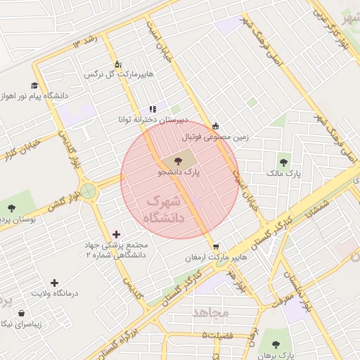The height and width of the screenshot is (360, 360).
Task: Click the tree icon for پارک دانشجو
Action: (177, 161)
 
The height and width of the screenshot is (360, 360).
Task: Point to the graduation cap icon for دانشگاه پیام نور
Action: (34, 84)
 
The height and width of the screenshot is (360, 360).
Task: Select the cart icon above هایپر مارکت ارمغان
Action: (215, 247)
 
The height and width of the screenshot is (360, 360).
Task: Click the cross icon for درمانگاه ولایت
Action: (54, 282)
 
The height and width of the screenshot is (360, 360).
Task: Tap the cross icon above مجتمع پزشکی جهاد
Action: (116, 234)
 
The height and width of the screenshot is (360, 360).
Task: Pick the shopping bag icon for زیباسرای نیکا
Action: (20, 313)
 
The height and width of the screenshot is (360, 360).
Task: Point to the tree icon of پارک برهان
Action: (274, 345)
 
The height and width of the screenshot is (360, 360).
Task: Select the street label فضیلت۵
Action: (219, 335)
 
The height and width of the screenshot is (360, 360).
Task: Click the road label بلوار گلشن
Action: (49, 205)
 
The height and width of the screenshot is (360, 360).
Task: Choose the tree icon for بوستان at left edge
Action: (11, 207)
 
